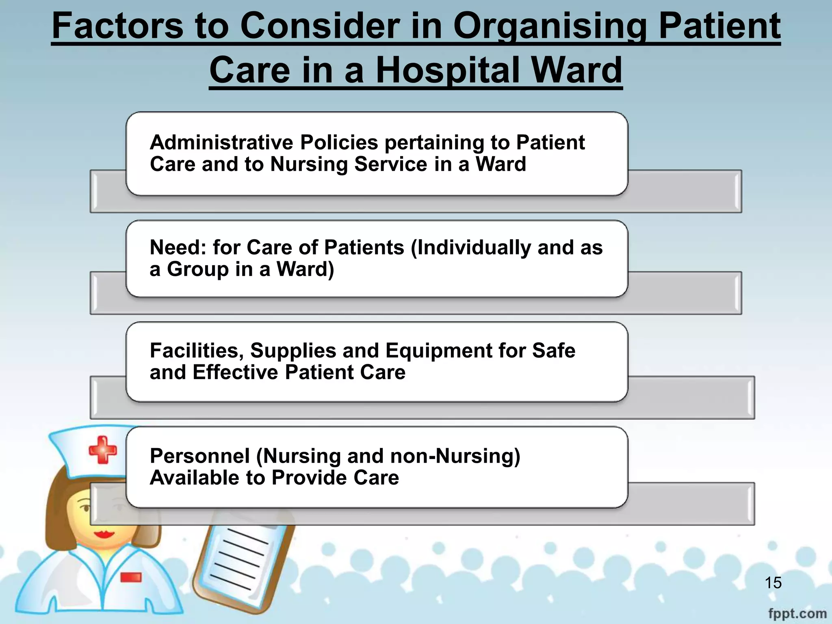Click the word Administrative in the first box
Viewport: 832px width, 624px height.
(x=221, y=143)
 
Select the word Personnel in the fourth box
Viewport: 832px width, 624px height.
(x=199, y=456)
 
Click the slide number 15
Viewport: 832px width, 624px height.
(x=773, y=583)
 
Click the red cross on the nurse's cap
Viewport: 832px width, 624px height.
(x=103, y=450)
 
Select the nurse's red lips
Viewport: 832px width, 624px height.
(x=104, y=533)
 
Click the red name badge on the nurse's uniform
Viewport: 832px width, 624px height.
(x=131, y=577)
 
